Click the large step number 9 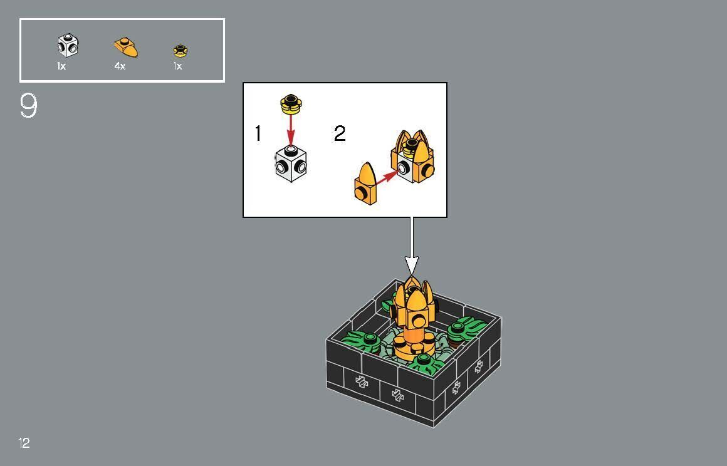pyautogui.click(x=29, y=106)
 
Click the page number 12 pyautogui.click(x=24, y=443)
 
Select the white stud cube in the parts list pyautogui.click(x=68, y=46)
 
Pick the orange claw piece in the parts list pyautogui.click(x=126, y=47)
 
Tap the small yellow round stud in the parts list pyautogui.click(x=180, y=51)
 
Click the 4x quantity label pyautogui.click(x=120, y=66)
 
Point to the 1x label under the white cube pyautogui.click(x=61, y=66)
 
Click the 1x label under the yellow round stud pyautogui.click(x=177, y=66)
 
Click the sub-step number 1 pyautogui.click(x=258, y=133)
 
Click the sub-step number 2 pyautogui.click(x=340, y=133)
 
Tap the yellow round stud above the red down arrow pyautogui.click(x=290, y=103)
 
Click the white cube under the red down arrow pyautogui.click(x=291, y=163)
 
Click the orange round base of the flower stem pyautogui.click(x=412, y=346)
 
